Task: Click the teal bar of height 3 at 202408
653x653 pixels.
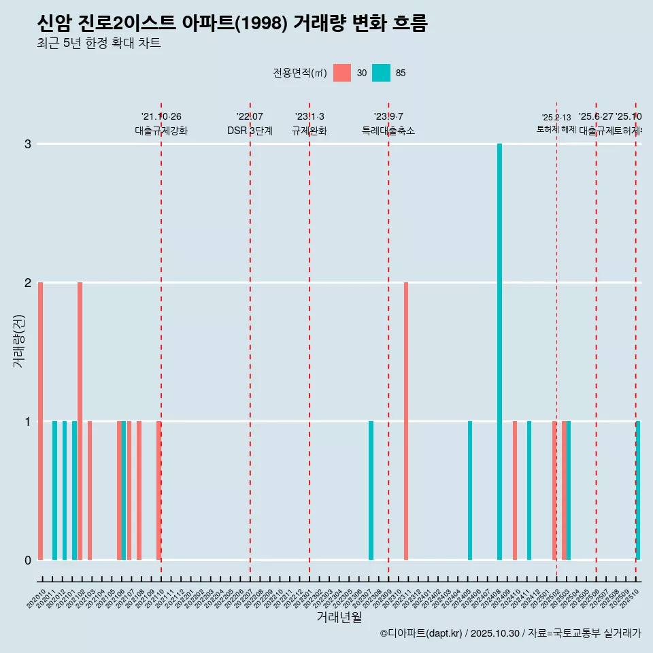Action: [x=499, y=352]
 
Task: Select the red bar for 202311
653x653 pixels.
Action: [x=406, y=421]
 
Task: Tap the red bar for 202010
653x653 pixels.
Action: [x=41, y=421]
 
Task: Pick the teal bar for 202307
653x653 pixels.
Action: [x=371, y=490]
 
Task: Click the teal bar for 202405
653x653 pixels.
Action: [x=470, y=490]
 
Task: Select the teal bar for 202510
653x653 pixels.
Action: [x=638, y=490]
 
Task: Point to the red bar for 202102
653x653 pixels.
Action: [x=80, y=421]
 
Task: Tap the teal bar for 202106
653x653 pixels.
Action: [x=124, y=490]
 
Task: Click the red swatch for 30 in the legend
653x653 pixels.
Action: [x=342, y=73]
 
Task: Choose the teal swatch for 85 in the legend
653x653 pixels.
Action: [x=382, y=73]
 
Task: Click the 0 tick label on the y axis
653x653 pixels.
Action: [x=28, y=560]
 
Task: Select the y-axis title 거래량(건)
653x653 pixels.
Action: [x=19, y=340]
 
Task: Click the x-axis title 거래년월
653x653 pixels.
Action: [x=339, y=617]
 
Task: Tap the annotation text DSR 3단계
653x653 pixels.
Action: [x=250, y=131]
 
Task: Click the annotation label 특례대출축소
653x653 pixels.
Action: [x=388, y=131]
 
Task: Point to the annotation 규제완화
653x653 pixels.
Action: [x=309, y=131]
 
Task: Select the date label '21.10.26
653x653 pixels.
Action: [x=161, y=117]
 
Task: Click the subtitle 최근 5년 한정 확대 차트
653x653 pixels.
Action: [x=99, y=44]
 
